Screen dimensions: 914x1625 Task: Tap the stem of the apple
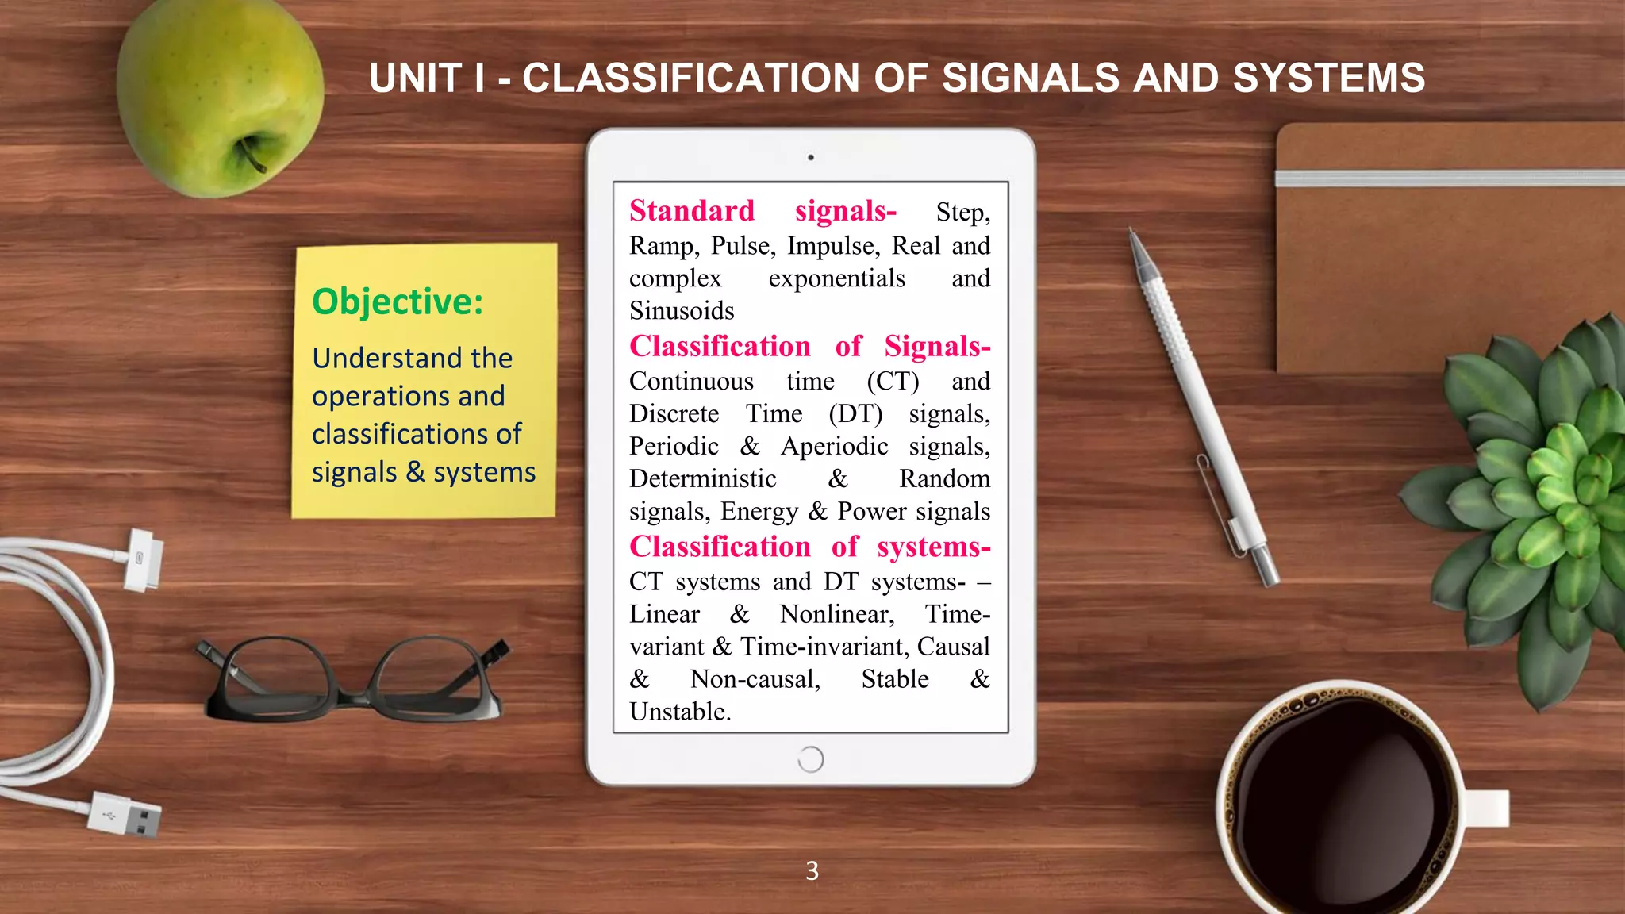click(x=252, y=155)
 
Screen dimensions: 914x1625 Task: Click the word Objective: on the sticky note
click(x=398, y=302)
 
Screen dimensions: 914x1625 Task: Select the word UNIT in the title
click(x=415, y=79)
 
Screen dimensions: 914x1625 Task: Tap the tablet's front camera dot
click(x=810, y=157)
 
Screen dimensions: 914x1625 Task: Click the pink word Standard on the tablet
click(x=691, y=211)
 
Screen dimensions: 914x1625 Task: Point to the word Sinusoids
click(x=682, y=310)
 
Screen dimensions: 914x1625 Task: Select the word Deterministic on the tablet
click(x=702, y=478)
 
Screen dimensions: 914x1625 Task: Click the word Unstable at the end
click(x=679, y=712)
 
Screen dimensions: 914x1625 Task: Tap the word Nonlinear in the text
click(x=836, y=614)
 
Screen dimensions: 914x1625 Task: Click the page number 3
click(x=812, y=871)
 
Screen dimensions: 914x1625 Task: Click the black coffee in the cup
click(x=1341, y=801)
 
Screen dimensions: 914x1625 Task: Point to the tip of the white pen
click(x=1133, y=234)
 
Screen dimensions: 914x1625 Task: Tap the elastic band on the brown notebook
click(x=1449, y=178)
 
